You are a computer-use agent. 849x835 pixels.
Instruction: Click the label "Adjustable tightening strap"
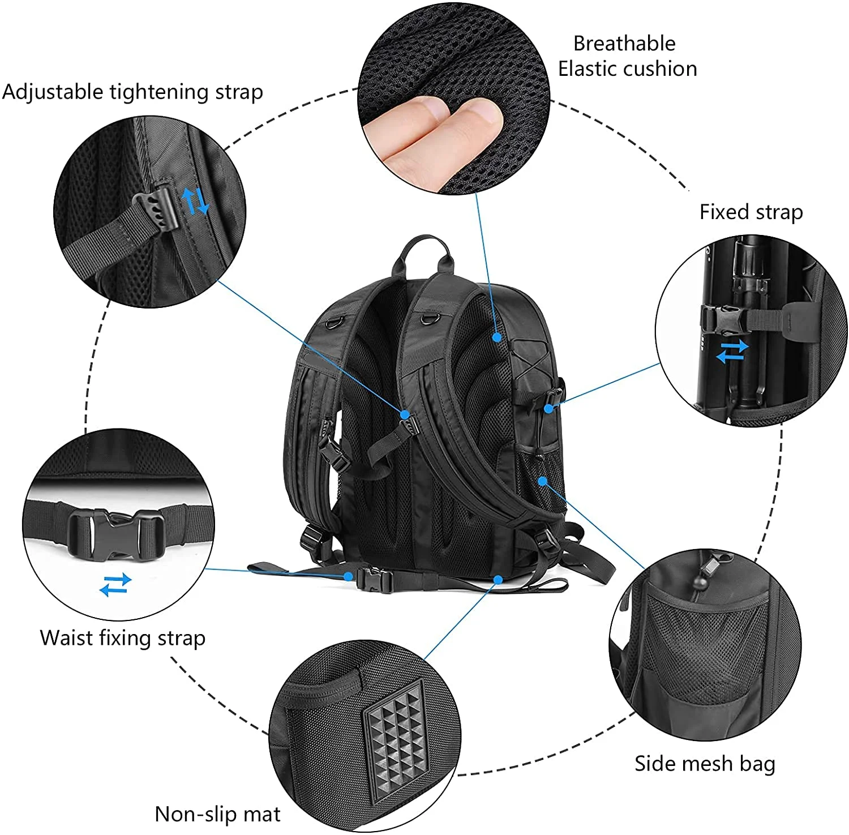click(x=132, y=92)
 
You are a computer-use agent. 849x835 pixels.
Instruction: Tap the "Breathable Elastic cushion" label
click(x=627, y=56)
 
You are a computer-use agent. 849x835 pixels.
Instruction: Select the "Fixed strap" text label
click(x=751, y=212)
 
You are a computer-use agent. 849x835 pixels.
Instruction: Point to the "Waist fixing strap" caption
click(x=122, y=637)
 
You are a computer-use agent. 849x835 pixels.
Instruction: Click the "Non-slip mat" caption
click(x=217, y=814)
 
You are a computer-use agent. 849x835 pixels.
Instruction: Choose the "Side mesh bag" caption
click(x=704, y=763)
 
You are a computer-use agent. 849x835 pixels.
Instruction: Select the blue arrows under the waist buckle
click(x=115, y=584)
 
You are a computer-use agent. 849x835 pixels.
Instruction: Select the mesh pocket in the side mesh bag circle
click(x=707, y=645)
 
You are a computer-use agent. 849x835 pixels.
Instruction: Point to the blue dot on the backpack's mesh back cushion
click(x=496, y=337)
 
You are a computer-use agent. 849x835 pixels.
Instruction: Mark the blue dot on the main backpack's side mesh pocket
click(x=542, y=481)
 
